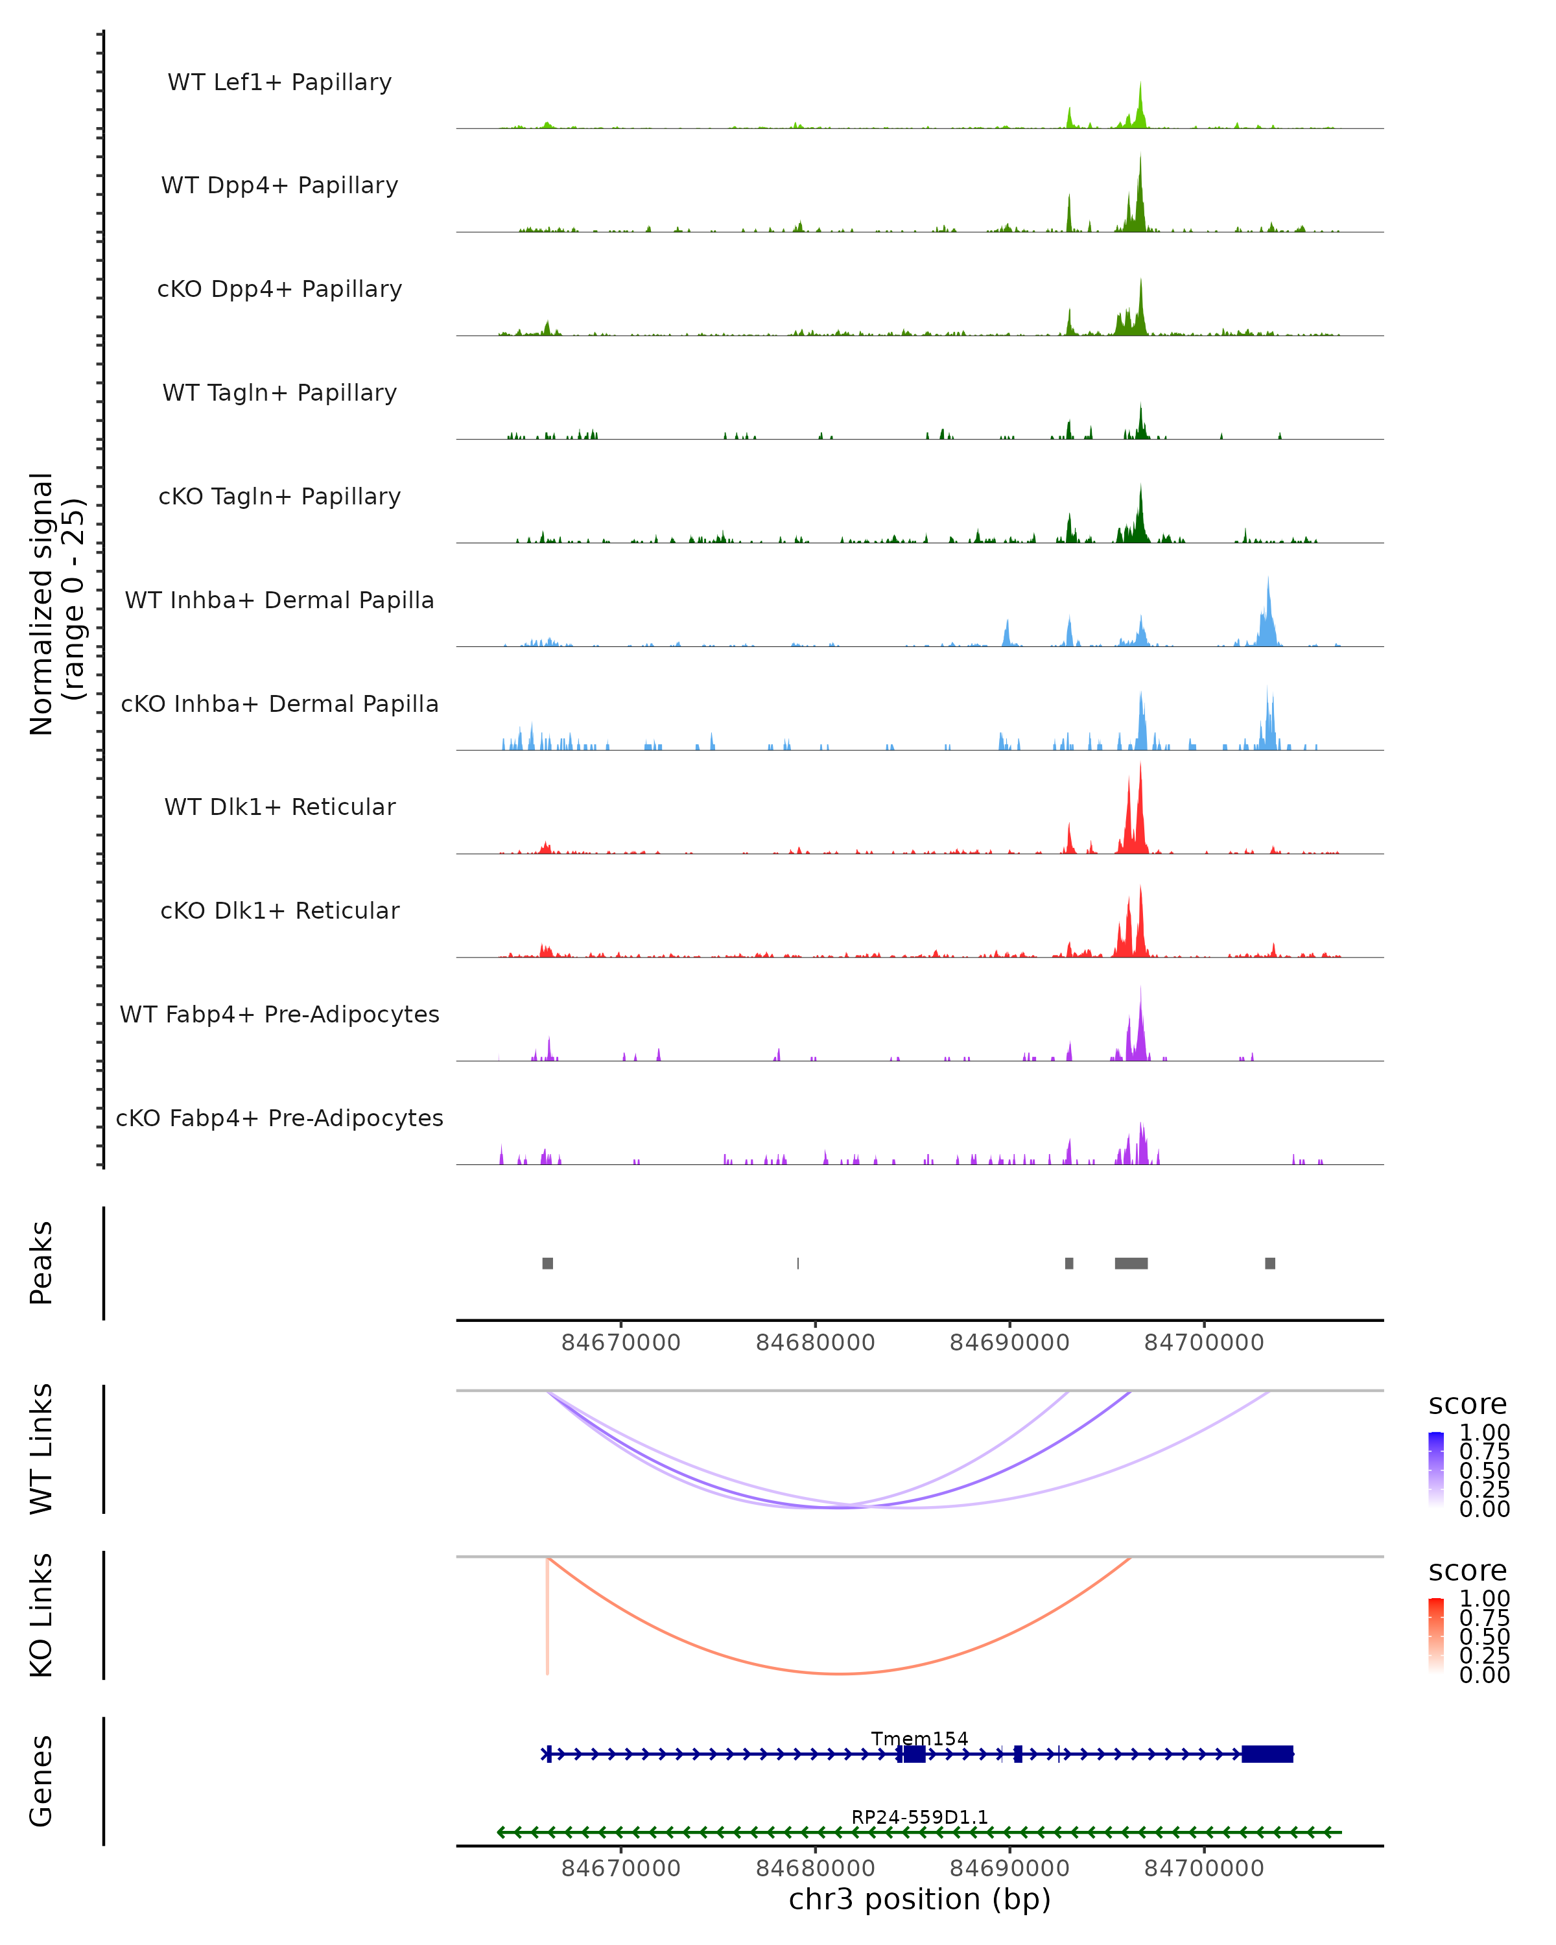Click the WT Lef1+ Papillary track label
[x=279, y=83]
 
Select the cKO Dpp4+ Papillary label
[x=279, y=290]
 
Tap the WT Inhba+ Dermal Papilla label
[x=279, y=601]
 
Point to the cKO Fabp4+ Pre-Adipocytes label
[x=279, y=1118]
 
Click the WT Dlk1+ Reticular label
[x=279, y=807]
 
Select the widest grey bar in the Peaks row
[x=1131, y=1263]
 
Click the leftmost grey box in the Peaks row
[x=548, y=1263]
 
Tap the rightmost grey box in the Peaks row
[x=1270, y=1263]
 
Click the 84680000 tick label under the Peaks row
[x=816, y=1343]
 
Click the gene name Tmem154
[x=919, y=1738]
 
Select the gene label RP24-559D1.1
[x=919, y=1817]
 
